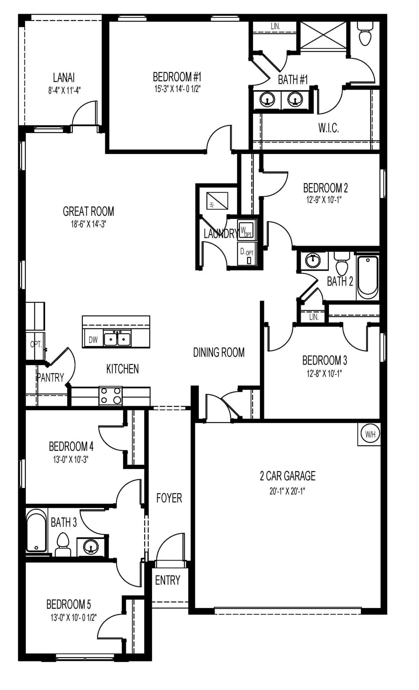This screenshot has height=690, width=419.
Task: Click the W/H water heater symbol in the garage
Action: [370, 434]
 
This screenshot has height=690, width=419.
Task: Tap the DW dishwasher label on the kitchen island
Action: [93, 339]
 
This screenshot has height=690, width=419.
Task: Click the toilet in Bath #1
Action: [365, 34]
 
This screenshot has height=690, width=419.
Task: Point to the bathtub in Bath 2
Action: [367, 277]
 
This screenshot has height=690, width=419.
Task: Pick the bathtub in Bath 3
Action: [37, 530]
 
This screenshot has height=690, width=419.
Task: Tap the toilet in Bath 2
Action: [342, 264]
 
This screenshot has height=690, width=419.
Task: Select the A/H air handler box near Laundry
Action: [217, 201]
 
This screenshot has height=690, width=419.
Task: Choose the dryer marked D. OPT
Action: [246, 254]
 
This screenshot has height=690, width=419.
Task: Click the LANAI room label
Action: [64, 78]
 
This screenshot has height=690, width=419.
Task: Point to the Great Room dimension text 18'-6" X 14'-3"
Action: [88, 224]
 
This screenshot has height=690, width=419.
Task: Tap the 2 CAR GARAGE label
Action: [288, 476]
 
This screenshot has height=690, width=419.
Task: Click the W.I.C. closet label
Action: [328, 128]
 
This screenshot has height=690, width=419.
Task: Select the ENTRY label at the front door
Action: [168, 580]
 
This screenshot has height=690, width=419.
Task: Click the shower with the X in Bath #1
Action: [324, 35]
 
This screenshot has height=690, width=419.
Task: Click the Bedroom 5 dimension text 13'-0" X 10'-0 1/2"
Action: [73, 617]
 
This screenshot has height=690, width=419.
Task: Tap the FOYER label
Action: [169, 498]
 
